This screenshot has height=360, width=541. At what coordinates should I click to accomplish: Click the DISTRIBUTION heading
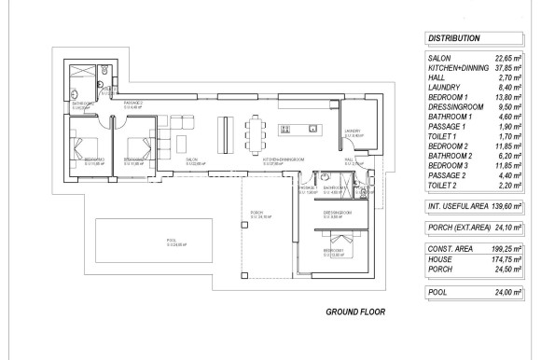[454, 39]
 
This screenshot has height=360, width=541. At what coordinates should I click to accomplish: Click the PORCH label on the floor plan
[257, 215]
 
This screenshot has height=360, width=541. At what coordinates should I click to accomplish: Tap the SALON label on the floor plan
[191, 159]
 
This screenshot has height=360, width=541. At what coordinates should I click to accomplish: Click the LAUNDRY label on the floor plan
[352, 132]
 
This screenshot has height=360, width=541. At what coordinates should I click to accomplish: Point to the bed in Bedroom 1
[335, 241]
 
